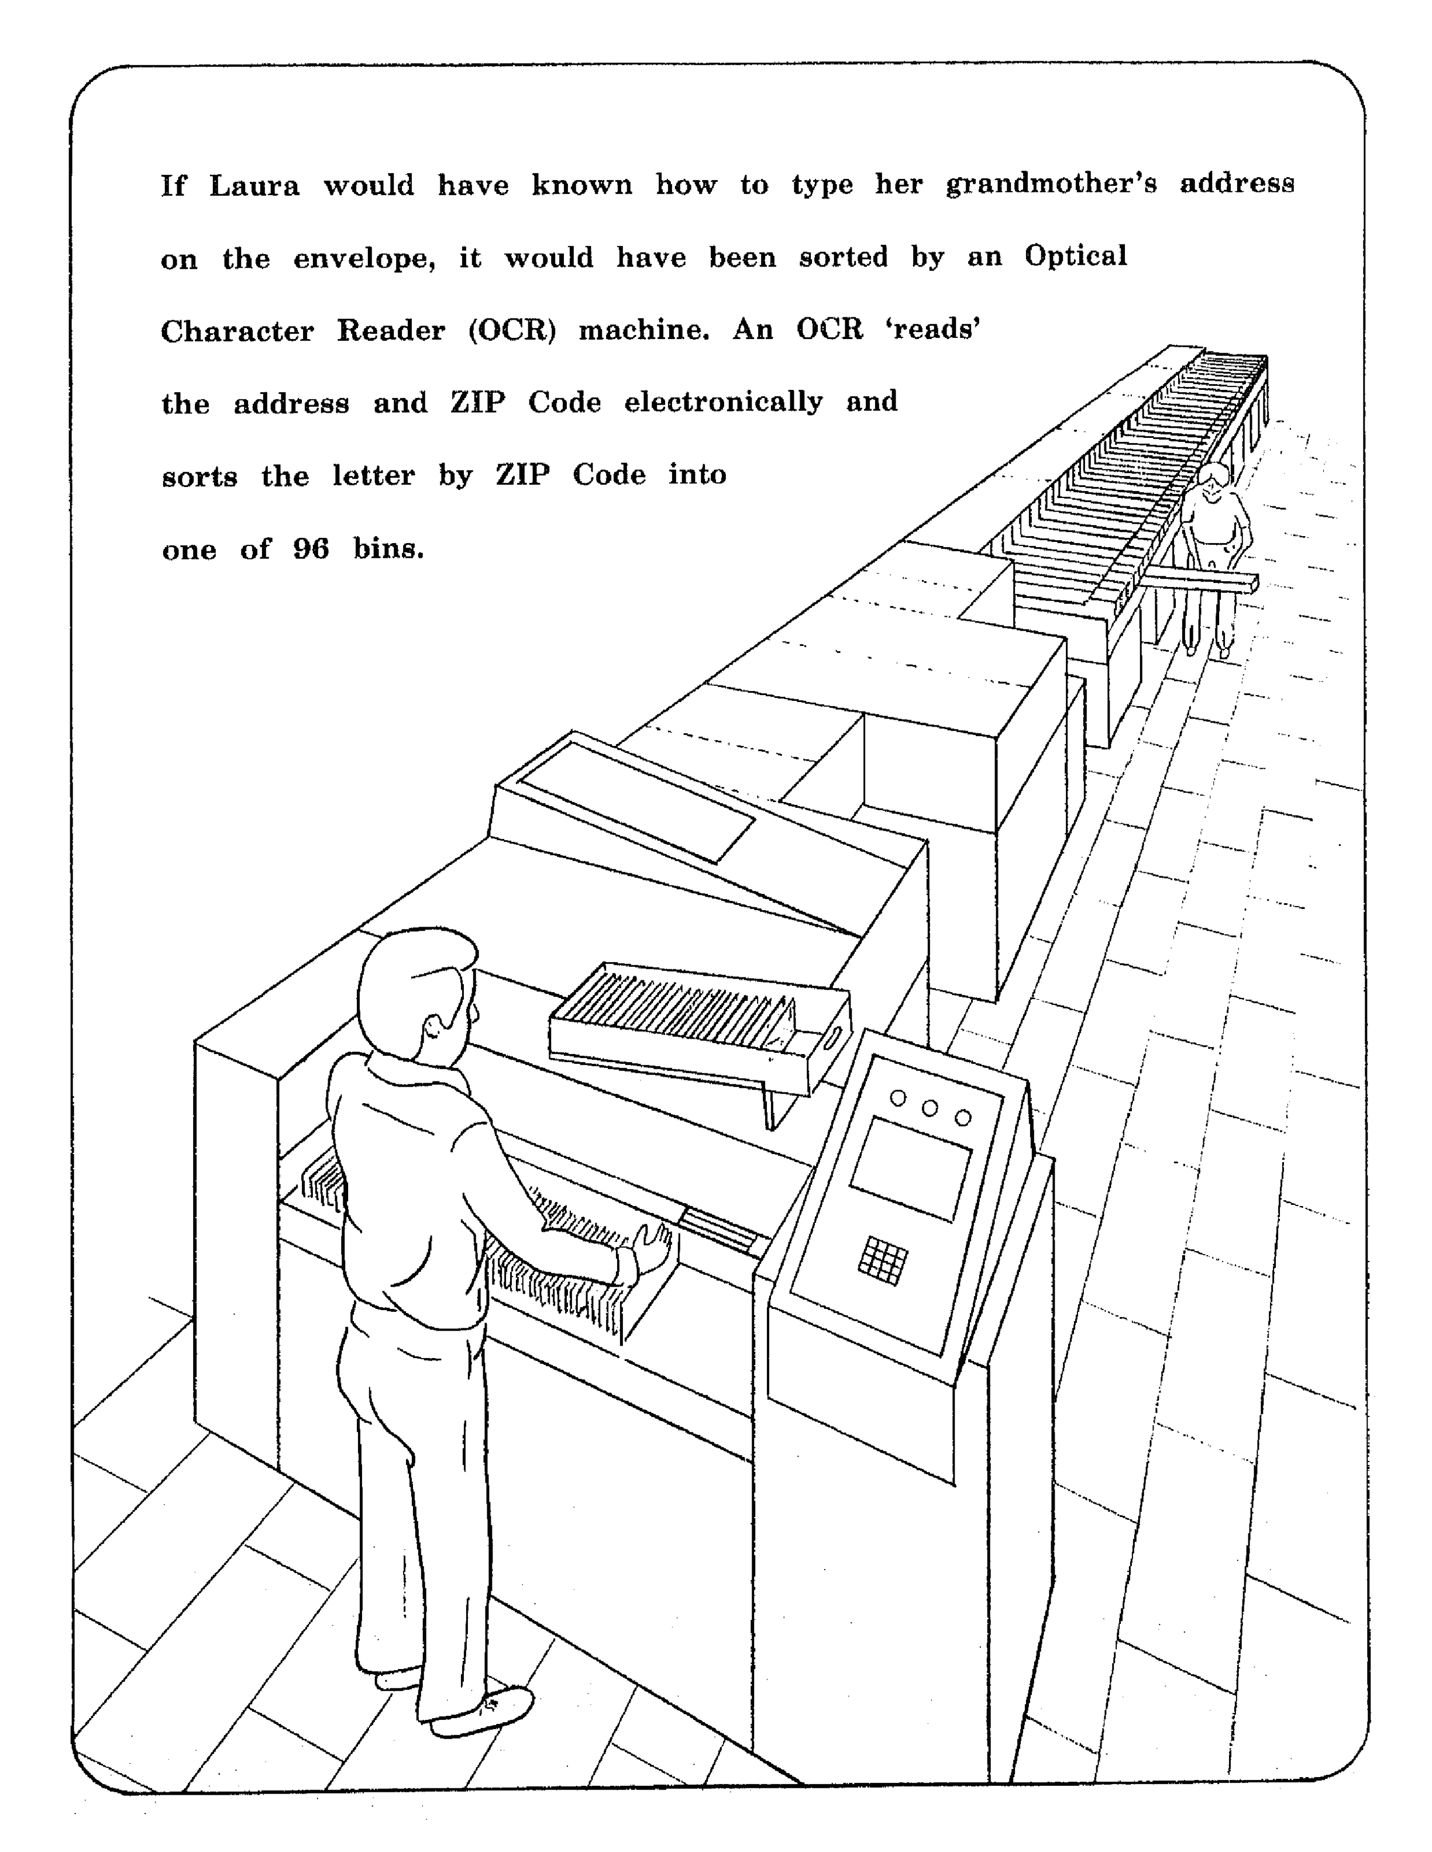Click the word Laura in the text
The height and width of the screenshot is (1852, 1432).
point(254,185)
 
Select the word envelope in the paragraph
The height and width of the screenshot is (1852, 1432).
point(364,258)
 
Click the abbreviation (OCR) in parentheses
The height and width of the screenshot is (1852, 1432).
point(511,330)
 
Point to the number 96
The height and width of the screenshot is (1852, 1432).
point(311,549)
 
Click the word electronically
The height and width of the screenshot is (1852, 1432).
point(723,402)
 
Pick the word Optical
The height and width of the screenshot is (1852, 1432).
point(1076,256)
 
